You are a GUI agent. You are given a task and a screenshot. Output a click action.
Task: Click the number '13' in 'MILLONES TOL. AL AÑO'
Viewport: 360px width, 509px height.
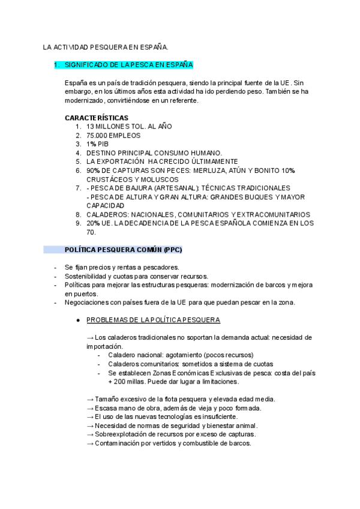tap(91, 127)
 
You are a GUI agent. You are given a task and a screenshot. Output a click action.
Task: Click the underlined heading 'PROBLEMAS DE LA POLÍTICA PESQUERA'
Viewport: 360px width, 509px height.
tap(153, 320)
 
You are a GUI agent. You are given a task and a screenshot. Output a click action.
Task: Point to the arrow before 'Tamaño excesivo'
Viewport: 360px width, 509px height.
tap(90, 400)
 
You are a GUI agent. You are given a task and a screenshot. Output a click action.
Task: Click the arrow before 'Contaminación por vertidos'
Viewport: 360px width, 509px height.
tap(90, 444)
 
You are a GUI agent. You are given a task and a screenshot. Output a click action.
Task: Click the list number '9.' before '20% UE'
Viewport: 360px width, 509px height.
tap(79, 223)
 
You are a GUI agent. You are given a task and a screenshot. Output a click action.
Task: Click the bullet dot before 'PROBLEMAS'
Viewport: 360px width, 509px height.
tap(79, 320)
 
